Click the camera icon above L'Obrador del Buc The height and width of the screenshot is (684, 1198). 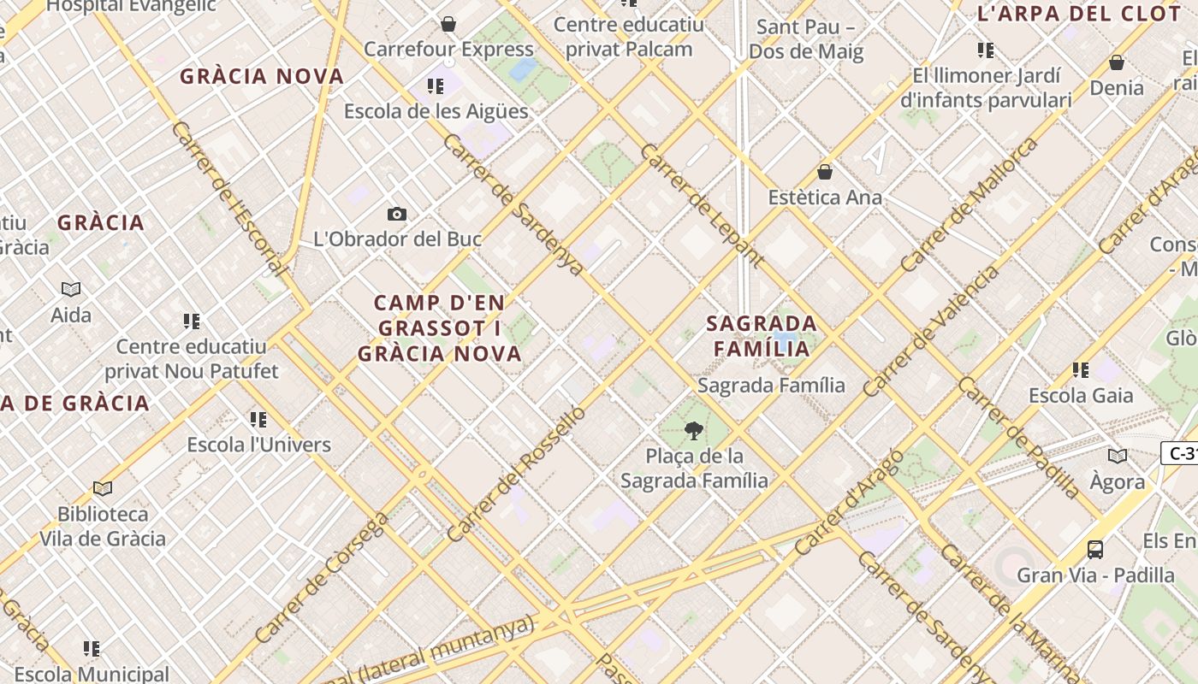tap(397, 214)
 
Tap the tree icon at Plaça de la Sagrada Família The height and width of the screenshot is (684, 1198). tap(694, 430)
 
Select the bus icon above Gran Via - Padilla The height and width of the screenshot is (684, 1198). tap(1095, 549)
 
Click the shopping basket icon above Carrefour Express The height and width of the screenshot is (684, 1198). tap(448, 24)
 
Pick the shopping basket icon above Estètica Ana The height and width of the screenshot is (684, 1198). tap(825, 172)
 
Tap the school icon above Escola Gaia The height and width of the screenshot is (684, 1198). tap(1081, 370)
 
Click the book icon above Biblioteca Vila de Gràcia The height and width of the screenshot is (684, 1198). tap(103, 488)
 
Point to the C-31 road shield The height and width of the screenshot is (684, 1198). tap(1182, 453)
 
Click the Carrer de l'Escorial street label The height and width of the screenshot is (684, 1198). tap(228, 198)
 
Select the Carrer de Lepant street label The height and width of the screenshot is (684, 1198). tap(702, 205)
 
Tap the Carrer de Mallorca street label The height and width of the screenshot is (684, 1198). tap(969, 204)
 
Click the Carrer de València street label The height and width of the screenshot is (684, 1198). tap(931, 332)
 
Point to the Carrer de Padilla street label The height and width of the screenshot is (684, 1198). tap(1019, 437)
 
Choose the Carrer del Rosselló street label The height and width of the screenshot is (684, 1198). tap(517, 473)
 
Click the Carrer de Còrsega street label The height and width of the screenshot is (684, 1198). tap(323, 577)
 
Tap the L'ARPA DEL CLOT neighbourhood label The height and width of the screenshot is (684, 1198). tap(1078, 14)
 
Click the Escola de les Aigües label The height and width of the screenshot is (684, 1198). tap(436, 111)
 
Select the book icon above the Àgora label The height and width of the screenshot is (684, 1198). tap(1118, 456)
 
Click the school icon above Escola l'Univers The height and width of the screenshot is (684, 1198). tap(258, 419)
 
